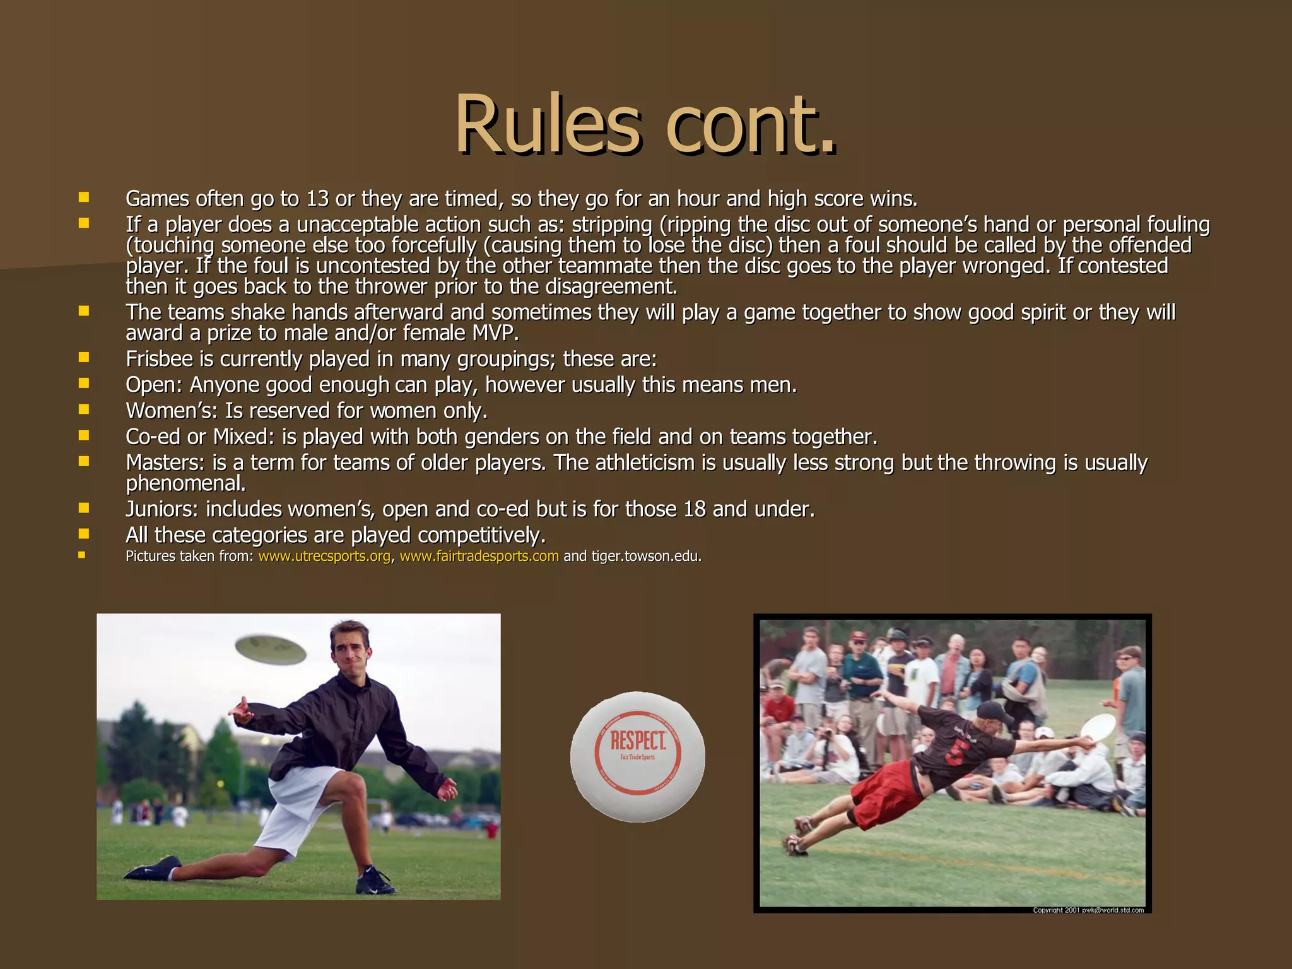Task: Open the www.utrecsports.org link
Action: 324,556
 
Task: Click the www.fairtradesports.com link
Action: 479,556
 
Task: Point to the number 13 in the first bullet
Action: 317,199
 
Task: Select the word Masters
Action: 165,463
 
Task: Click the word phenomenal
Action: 185,484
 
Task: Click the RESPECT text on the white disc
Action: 638,741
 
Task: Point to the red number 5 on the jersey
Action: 953,752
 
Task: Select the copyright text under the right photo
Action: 1088,910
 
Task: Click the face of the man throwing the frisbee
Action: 351,653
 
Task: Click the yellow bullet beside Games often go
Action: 84,198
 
